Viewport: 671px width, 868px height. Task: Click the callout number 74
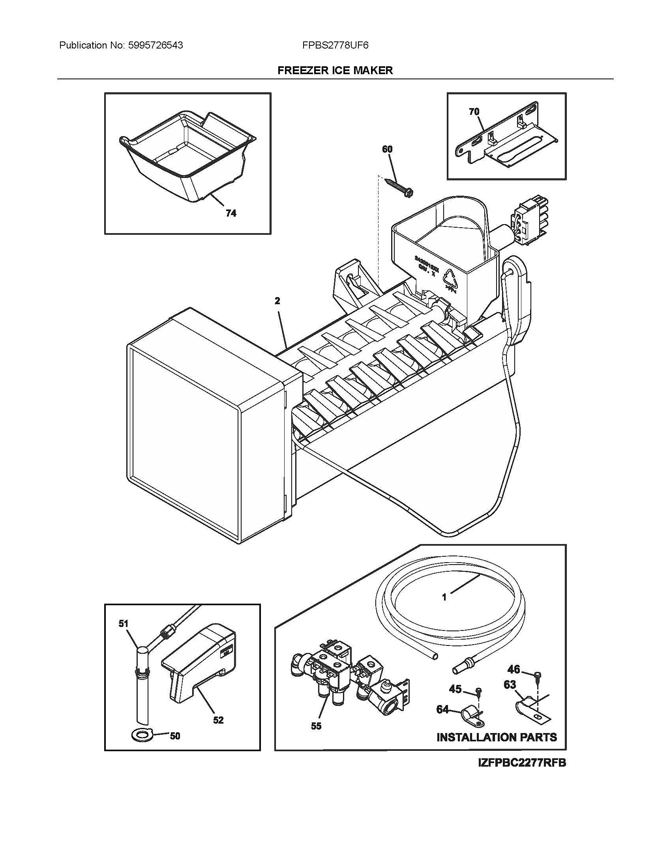(231, 213)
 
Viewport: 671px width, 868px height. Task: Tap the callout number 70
(474, 112)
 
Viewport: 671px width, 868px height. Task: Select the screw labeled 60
(399, 186)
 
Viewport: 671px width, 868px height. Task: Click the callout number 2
(277, 301)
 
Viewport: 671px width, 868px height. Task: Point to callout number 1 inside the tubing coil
(444, 608)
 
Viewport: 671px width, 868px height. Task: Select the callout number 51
(124, 623)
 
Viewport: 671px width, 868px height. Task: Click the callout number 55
(316, 726)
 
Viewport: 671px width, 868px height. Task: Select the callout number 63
(510, 684)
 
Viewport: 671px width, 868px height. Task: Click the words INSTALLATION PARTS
(497, 737)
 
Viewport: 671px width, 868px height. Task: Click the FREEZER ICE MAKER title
(335, 70)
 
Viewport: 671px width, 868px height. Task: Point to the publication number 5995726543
(156, 45)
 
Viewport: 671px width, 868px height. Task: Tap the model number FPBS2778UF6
(335, 45)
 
